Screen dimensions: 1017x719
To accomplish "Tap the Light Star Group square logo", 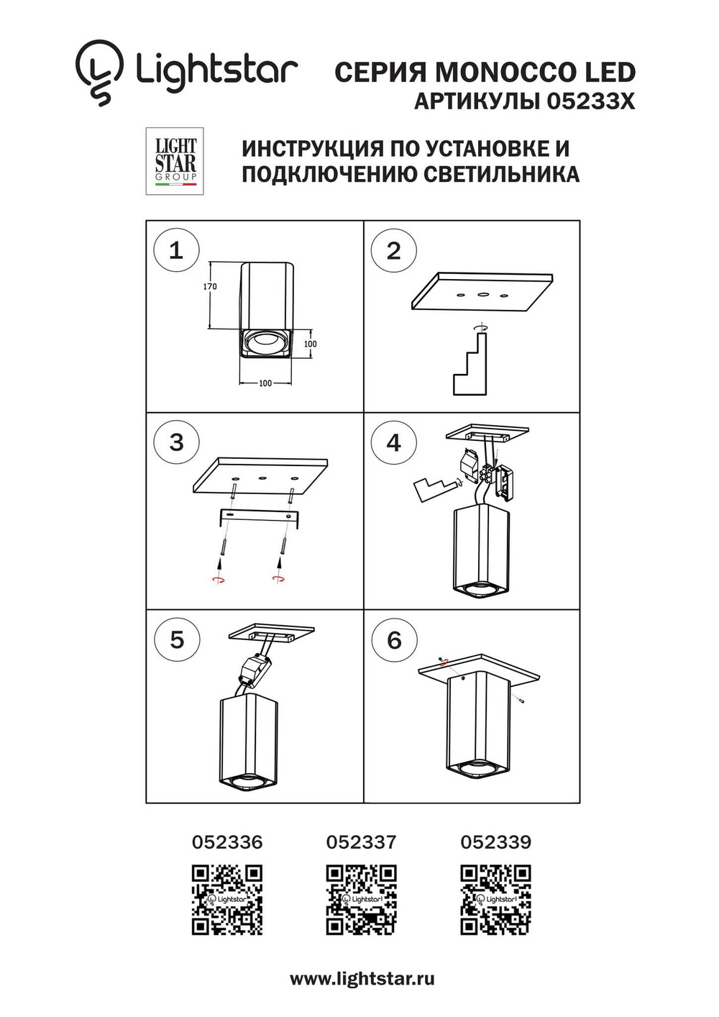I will point(175,161).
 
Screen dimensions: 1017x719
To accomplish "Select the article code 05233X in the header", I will point(590,101).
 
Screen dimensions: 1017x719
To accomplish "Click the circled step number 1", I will point(176,250).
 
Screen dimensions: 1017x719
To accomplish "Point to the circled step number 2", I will point(393,250).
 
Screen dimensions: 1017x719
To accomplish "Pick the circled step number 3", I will point(176,442).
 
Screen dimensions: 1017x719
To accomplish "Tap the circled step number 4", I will point(393,442).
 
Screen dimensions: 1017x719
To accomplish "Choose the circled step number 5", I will point(176,639).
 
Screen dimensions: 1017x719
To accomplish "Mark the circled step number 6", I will point(394,640).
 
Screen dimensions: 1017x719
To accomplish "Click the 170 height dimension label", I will point(209,286).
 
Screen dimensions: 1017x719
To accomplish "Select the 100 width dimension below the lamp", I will point(265,383).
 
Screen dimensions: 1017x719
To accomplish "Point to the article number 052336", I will point(227,842).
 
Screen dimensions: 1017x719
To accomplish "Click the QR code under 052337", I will point(361,899).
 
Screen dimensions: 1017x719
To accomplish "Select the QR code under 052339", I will point(495,899).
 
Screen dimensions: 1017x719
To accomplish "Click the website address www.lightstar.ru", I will point(362,979).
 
